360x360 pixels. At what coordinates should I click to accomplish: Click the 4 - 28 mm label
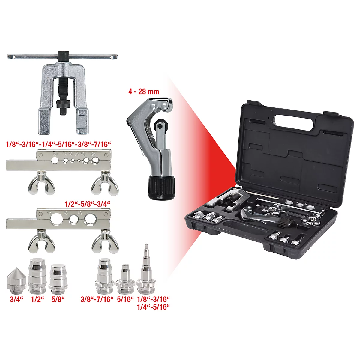pos(144,91)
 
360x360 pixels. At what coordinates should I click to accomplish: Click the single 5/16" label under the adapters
pos(125,299)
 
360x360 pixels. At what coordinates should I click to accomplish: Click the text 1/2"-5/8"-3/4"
pos(88,204)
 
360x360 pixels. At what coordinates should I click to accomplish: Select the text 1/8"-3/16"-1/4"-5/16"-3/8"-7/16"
pos(58,144)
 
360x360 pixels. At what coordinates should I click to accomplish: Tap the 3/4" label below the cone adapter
pos(16,299)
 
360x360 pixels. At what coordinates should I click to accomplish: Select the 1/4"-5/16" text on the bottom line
pos(153,307)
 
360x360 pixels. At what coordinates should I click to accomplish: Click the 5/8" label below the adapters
pos(58,299)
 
